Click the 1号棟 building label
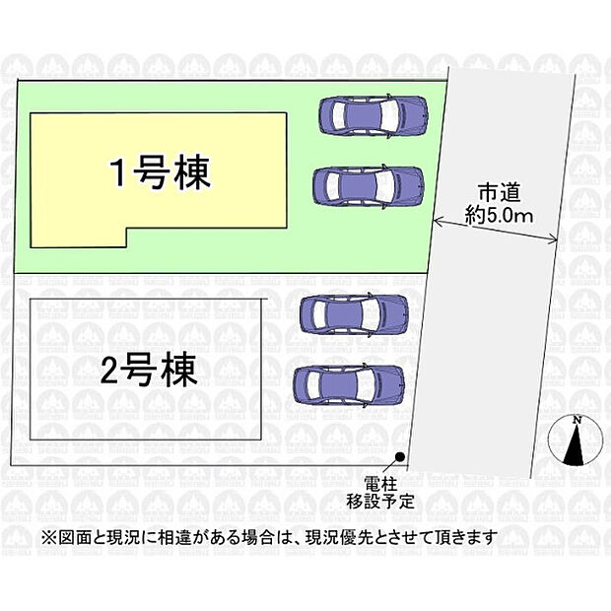(161, 172)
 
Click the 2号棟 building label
(149, 370)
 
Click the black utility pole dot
(399, 456)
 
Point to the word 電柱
(380, 485)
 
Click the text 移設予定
(380, 501)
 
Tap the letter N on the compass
(577, 420)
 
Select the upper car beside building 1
(373, 115)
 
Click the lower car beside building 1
(369, 186)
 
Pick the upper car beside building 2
(354, 313)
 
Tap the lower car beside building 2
(349, 385)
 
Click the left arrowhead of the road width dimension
(438, 222)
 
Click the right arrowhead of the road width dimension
(553, 240)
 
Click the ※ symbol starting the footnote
(50, 538)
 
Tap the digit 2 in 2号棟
(109, 371)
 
